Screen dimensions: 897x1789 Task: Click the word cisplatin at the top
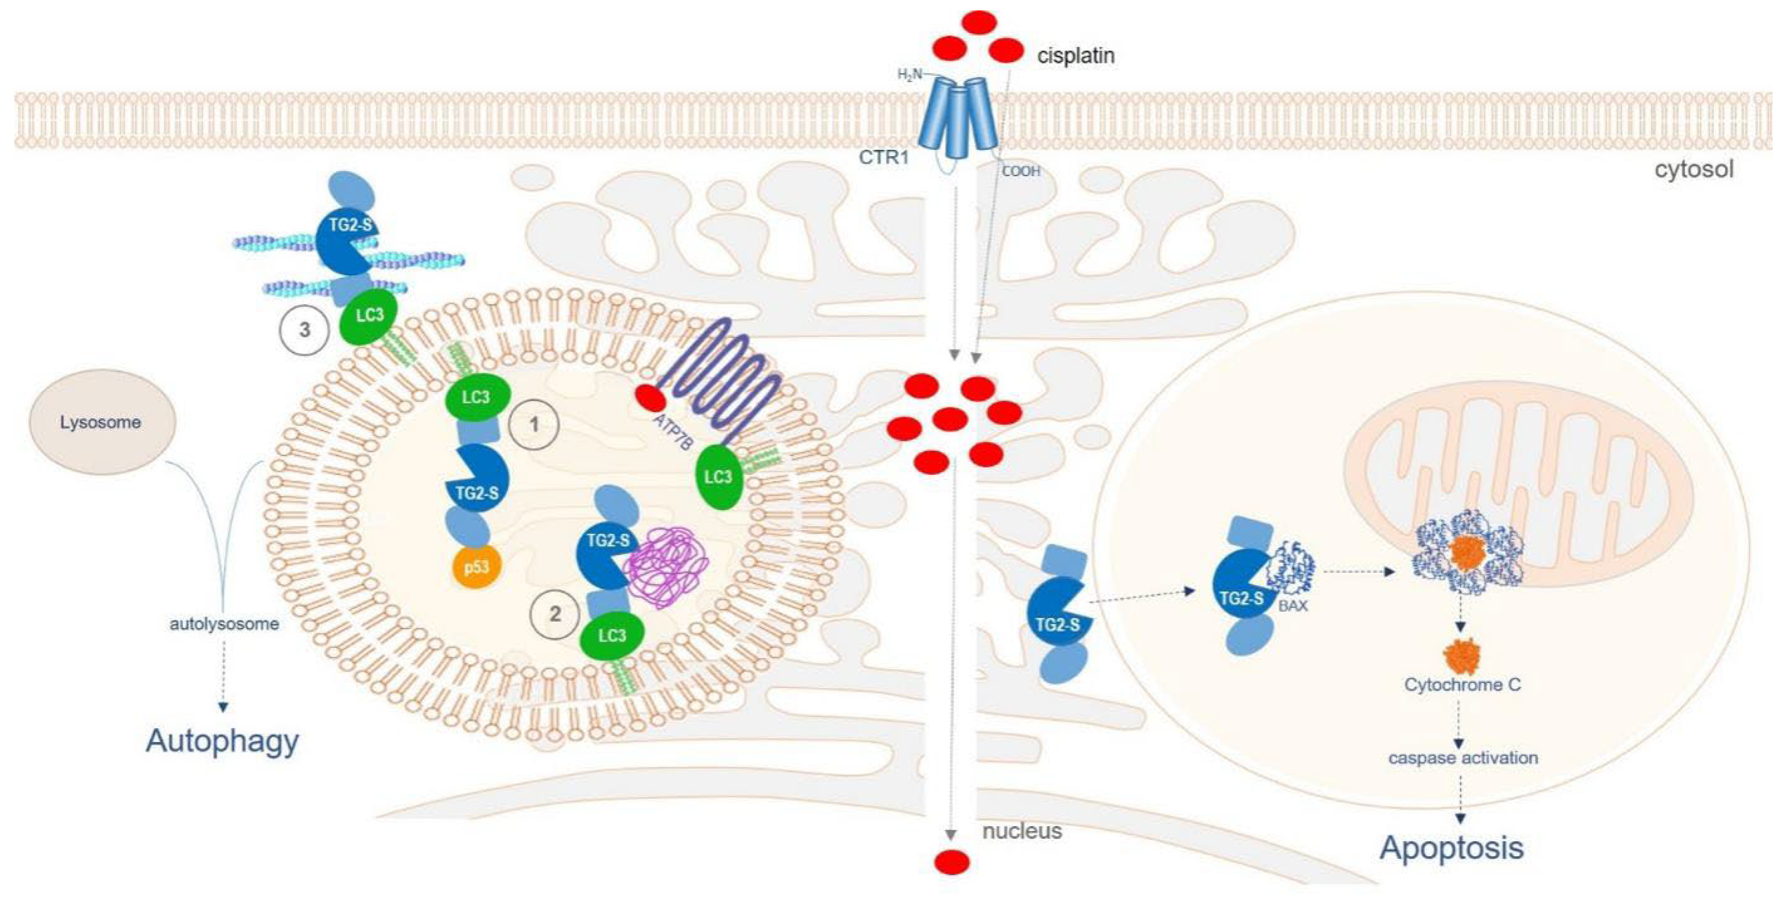click(x=1076, y=56)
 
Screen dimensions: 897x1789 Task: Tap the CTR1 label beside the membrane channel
click(x=884, y=157)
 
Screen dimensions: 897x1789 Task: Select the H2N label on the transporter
click(x=910, y=74)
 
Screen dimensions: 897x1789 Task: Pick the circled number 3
click(x=304, y=330)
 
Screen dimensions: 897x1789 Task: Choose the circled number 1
click(x=533, y=424)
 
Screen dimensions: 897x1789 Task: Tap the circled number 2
click(x=555, y=614)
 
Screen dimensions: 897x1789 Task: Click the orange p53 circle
click(x=476, y=567)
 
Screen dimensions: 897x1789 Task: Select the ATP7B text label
click(x=672, y=432)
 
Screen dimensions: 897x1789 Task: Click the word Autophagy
click(x=222, y=741)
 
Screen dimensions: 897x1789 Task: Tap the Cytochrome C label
click(x=1462, y=685)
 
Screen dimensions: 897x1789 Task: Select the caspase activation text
click(x=1463, y=758)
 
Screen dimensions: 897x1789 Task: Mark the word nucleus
click(x=1022, y=831)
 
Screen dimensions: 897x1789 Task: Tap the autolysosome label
click(x=224, y=624)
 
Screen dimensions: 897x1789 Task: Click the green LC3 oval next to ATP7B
click(x=718, y=477)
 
